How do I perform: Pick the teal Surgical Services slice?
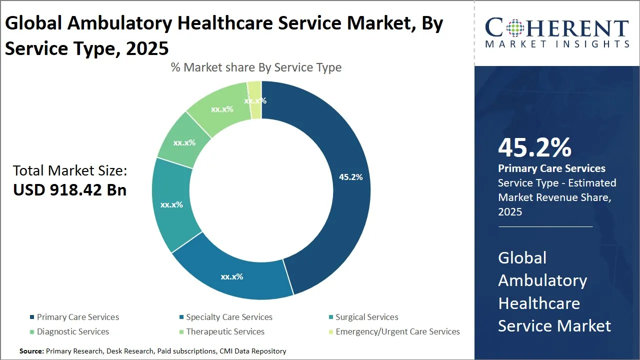(170, 205)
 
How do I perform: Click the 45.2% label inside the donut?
(350, 177)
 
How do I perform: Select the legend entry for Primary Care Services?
(77, 317)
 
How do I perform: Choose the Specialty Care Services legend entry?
(229, 317)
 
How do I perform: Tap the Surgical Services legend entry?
(366, 317)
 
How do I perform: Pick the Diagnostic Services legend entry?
(72, 331)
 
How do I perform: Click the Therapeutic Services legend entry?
(225, 331)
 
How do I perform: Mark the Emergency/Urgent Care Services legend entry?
(397, 331)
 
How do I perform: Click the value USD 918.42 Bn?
(70, 190)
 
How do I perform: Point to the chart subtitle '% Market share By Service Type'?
(256, 67)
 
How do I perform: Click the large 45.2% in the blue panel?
(534, 148)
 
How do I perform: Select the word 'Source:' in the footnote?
(32, 351)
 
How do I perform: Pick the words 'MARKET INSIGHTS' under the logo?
(557, 44)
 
